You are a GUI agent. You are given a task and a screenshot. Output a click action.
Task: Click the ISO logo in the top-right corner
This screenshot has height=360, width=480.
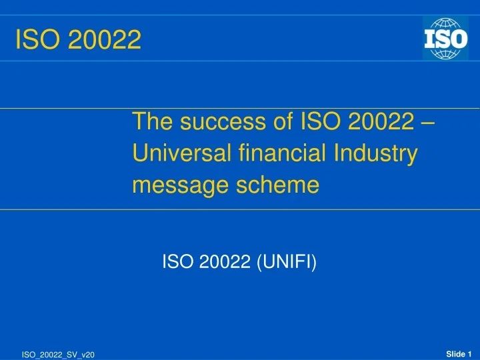[x=445, y=38]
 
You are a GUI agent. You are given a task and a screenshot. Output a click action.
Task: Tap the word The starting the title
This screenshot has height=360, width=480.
[x=152, y=123]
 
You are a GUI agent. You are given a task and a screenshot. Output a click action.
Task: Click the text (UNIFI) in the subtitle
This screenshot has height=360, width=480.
[x=287, y=263]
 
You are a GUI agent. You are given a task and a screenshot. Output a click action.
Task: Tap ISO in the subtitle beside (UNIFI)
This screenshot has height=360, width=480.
[x=177, y=263]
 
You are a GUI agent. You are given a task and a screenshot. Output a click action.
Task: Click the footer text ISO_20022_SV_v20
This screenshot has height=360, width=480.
[x=58, y=355]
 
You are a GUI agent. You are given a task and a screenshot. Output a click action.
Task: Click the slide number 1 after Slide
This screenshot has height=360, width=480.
[x=470, y=353]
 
